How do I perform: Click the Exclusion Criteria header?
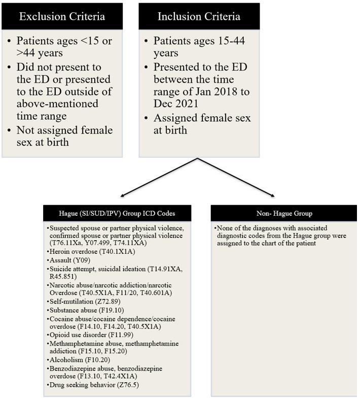pyautogui.click(x=62, y=16)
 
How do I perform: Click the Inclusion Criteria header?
pyautogui.click(x=199, y=16)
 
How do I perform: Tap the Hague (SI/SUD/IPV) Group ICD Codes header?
pyautogui.click(x=118, y=213)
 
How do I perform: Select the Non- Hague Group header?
pyautogui.click(x=284, y=213)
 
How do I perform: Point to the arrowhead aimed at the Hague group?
pyautogui.click(x=120, y=196)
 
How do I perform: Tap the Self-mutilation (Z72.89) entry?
pyautogui.click(x=84, y=302)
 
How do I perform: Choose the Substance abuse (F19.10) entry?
pyautogui.click(x=86, y=310)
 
